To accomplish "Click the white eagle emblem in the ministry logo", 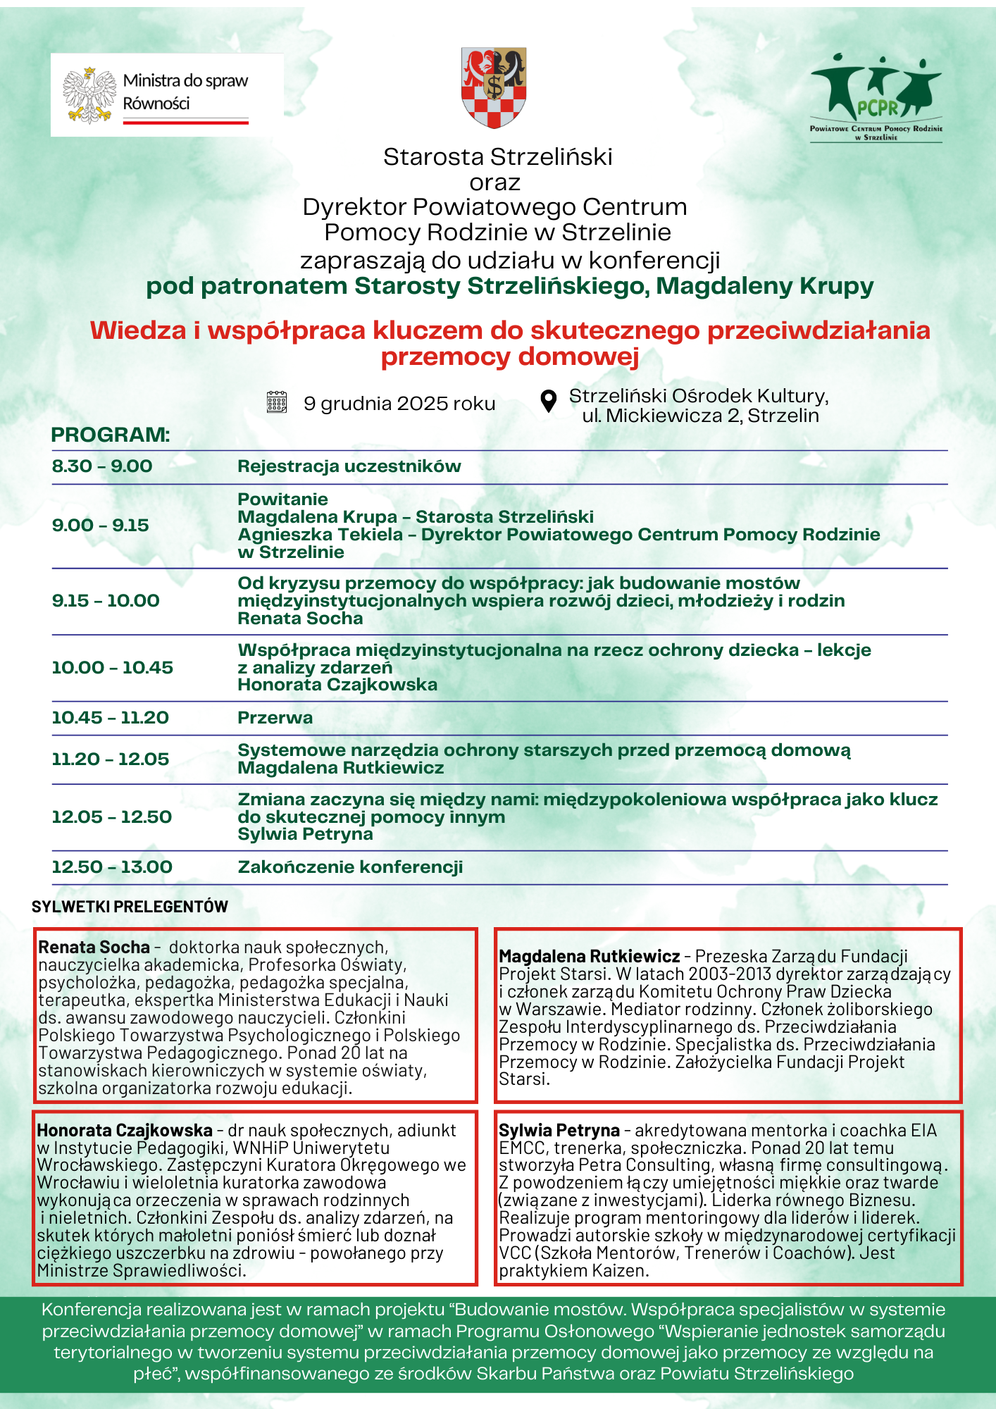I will [89, 95].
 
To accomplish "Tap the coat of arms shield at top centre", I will [494, 87].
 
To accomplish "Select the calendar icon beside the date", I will [277, 402].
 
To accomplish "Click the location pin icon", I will [548, 401].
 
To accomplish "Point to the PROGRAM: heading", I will [111, 435].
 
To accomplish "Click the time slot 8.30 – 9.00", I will [102, 466].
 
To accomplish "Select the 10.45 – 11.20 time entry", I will [110, 718].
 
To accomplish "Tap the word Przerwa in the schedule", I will [275, 718].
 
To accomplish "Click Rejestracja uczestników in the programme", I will [349, 466].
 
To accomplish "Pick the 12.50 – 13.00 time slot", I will [112, 867].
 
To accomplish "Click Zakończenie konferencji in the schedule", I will [350, 867].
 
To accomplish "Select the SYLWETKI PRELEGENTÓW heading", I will [130, 907].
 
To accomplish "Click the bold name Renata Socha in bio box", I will [94, 948].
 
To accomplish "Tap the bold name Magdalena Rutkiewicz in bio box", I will [589, 957].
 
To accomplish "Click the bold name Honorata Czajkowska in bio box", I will [124, 1131].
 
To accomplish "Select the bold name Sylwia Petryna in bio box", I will [559, 1131].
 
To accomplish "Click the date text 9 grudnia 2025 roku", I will [399, 404].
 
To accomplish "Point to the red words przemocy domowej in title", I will [510, 357].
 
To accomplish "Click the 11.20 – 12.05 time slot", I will [110, 759].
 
